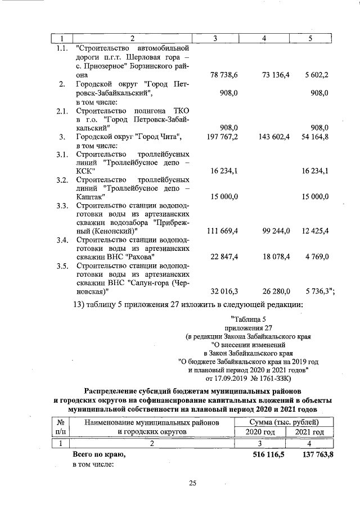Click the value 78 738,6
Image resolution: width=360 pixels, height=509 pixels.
click(x=224, y=75)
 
